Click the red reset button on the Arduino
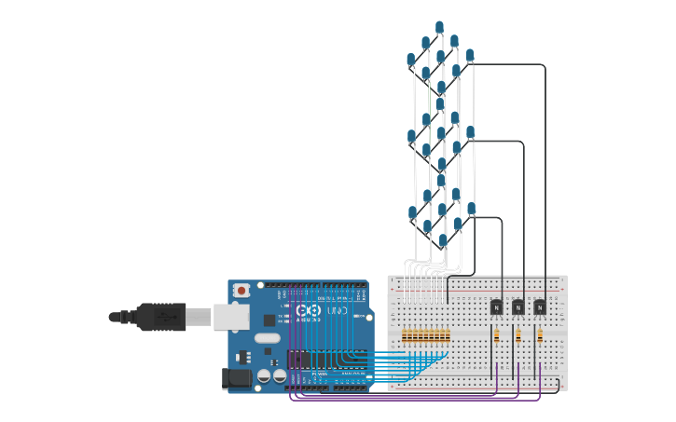click(242, 291)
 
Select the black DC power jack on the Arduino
click(237, 377)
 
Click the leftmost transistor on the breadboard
click(497, 306)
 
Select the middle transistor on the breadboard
click(518, 306)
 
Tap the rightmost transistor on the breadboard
click(540, 306)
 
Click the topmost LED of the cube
click(439, 27)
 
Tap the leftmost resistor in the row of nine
click(405, 335)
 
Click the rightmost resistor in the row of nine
click(448, 335)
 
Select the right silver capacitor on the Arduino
click(279, 375)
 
